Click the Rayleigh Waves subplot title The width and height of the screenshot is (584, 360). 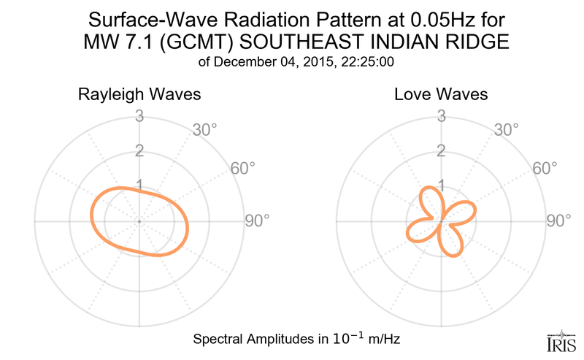(x=139, y=95)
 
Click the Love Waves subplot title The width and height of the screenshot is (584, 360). (x=441, y=95)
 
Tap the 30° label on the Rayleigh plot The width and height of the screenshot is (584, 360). (x=206, y=130)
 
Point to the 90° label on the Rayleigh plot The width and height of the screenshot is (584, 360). (x=257, y=220)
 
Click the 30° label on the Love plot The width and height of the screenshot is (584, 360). (x=507, y=130)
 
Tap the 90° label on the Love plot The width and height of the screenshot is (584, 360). (x=558, y=220)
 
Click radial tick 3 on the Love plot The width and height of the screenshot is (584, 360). (x=441, y=115)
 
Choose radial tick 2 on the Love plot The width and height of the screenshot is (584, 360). (x=441, y=150)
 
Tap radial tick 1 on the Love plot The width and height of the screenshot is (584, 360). (x=441, y=185)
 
